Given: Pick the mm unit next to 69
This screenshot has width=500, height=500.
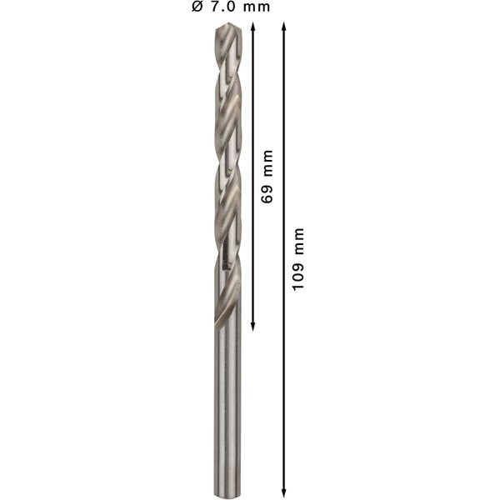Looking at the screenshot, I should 267,168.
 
